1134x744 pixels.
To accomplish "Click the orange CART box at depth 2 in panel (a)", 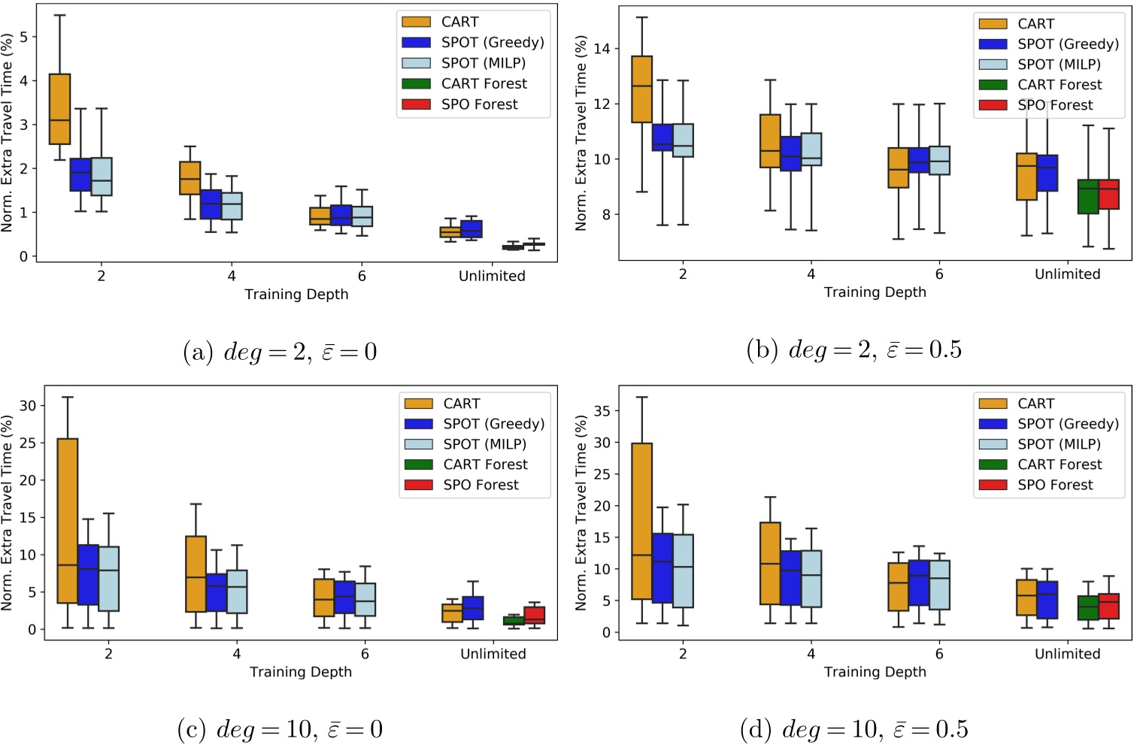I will [59, 108].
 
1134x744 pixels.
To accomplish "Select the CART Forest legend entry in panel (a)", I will [484, 83].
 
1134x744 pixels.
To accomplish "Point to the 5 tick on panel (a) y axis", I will [23, 37].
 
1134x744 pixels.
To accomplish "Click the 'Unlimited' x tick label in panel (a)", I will [492, 276].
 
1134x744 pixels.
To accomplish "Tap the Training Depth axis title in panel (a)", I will [296, 295].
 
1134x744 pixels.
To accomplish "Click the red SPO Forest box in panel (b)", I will [1108, 194].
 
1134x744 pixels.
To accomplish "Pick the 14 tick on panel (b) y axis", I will [602, 49].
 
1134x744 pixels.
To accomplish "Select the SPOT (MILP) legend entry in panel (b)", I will [1059, 65].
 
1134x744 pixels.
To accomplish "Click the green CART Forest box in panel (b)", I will [1087, 196].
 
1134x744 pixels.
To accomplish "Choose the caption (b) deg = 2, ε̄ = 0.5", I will [854, 349].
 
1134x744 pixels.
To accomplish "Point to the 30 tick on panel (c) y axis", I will [28, 406].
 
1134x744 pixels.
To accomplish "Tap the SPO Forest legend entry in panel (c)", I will [481, 485].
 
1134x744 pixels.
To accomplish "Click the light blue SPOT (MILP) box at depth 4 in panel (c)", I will [237, 591].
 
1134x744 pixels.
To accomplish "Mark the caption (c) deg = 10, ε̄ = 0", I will [280, 729].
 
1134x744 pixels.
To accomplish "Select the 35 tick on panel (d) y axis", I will [602, 411].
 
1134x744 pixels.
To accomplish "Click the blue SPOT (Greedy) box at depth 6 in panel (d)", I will [919, 582].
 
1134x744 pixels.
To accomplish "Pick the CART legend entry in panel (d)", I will [1035, 404].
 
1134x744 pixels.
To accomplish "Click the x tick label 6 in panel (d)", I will [938, 654].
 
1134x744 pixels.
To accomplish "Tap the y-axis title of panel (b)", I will [581, 133].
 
